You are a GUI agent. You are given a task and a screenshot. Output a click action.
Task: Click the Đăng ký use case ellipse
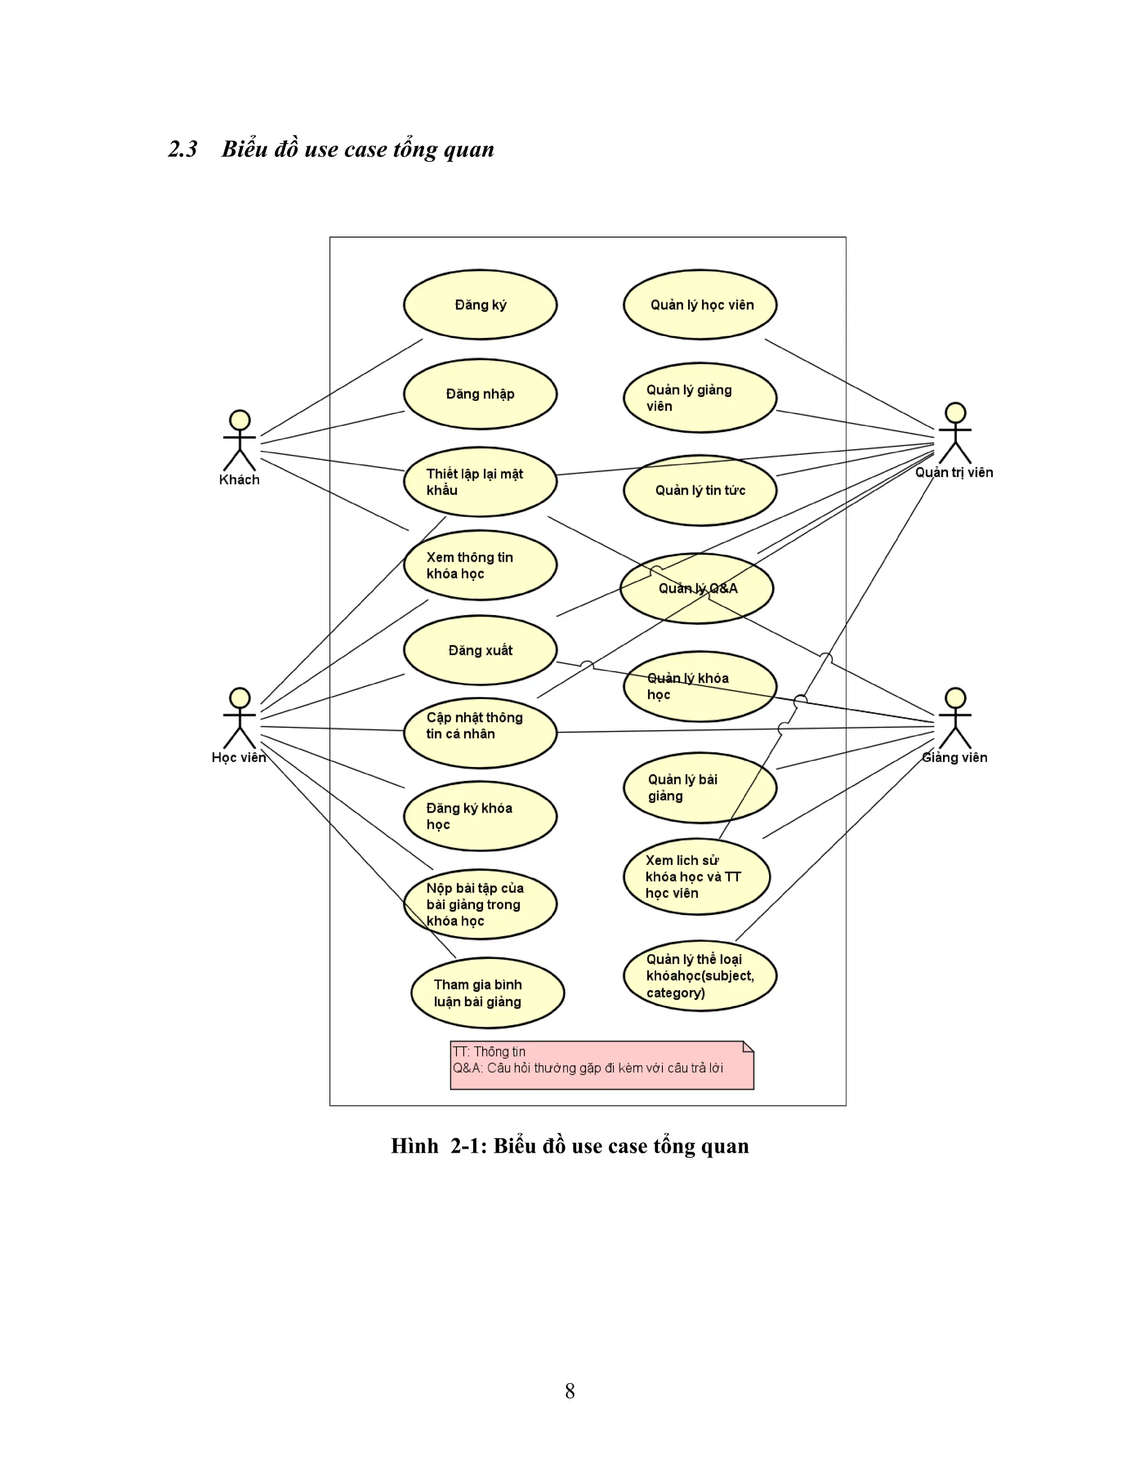[x=480, y=304]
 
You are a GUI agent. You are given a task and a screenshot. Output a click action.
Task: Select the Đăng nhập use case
[x=480, y=394]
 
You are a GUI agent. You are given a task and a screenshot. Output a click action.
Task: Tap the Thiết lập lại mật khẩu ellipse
[x=480, y=482]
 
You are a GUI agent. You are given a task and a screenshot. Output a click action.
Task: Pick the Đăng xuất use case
[x=480, y=650]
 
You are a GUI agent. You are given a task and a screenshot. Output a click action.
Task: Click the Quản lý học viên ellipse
[x=700, y=304]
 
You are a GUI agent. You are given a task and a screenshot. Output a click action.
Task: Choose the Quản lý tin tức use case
[x=700, y=491]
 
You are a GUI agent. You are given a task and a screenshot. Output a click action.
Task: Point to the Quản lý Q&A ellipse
[x=697, y=588]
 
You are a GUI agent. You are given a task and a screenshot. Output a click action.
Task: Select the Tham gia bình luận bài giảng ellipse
[x=487, y=993]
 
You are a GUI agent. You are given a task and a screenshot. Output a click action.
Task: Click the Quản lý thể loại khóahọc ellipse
[x=700, y=976]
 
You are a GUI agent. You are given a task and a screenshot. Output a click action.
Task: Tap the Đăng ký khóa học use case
[x=480, y=816]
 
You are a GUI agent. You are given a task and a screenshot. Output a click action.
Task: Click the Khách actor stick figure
[x=240, y=440]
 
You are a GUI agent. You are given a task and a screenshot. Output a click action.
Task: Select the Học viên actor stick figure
[x=240, y=718]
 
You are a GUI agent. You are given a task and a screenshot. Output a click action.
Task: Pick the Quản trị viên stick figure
[x=955, y=433]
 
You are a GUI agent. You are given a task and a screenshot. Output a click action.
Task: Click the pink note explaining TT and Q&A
[x=602, y=1065]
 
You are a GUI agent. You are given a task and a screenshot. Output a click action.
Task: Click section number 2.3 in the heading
[x=183, y=149]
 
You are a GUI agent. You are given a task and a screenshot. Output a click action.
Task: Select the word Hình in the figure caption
[x=414, y=1146]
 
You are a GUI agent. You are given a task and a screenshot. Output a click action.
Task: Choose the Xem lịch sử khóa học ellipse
[x=696, y=877]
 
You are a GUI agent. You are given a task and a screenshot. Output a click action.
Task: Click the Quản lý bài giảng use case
[x=700, y=788]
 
